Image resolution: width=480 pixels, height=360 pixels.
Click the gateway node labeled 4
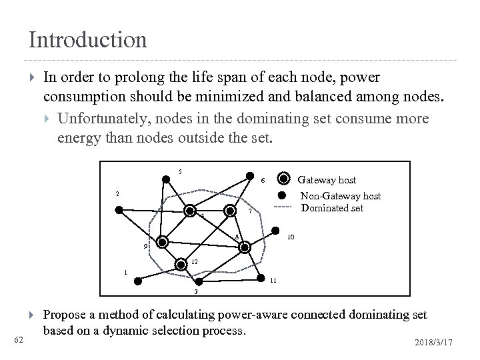click(189, 211)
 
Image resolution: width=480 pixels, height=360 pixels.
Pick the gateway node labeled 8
click(245, 247)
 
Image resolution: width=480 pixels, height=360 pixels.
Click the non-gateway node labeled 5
click(165, 179)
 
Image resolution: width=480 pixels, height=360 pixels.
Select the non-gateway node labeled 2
click(119, 210)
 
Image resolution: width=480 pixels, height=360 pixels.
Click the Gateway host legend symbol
click(284, 179)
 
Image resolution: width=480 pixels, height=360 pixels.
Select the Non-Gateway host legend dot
click(282, 195)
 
